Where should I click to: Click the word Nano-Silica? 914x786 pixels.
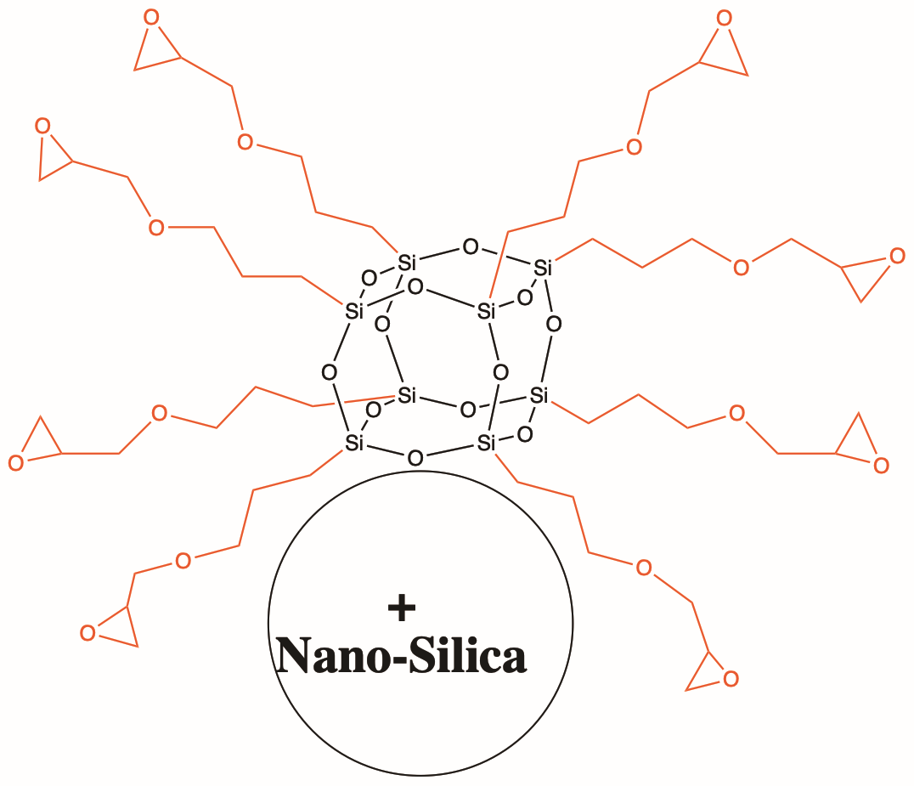(x=402, y=655)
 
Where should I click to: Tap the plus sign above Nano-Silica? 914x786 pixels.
(x=402, y=608)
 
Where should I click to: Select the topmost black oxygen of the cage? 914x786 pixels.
(x=471, y=247)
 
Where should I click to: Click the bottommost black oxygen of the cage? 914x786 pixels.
(x=415, y=458)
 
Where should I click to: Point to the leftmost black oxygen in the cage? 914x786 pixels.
(x=330, y=372)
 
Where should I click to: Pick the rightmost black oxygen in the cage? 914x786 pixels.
(x=554, y=324)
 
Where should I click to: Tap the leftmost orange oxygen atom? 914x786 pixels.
(x=16, y=464)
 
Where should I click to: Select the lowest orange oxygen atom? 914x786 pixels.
(x=731, y=679)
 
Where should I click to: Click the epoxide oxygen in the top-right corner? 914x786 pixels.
(x=724, y=18)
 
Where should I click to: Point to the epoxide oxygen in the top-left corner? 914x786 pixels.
(x=151, y=18)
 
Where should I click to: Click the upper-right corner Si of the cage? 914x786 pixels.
(x=543, y=269)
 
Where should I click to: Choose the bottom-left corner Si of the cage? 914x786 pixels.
(x=354, y=444)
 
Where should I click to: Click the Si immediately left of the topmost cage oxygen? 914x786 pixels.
(x=407, y=263)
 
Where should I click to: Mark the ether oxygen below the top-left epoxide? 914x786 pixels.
(x=245, y=142)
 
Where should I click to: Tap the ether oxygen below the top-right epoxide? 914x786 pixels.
(x=635, y=146)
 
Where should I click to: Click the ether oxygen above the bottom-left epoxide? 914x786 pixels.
(x=183, y=561)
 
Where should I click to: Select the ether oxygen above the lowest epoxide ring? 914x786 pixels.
(x=644, y=568)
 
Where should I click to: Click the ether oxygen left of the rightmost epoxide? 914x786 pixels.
(x=741, y=268)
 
